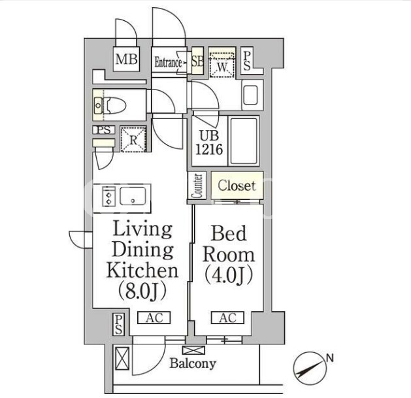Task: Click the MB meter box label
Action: (x=126, y=59)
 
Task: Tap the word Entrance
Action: (x=168, y=62)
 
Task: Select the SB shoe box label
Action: (x=197, y=61)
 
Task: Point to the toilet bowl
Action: (x=114, y=105)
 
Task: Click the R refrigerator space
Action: (x=133, y=139)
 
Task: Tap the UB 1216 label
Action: (x=209, y=143)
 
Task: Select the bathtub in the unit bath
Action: (x=244, y=141)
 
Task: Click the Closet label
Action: (x=237, y=186)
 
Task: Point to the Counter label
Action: (x=197, y=186)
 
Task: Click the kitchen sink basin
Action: (x=133, y=196)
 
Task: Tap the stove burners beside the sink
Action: (x=108, y=196)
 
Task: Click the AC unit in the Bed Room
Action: (x=227, y=318)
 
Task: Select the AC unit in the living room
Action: (x=154, y=318)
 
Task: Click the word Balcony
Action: (x=193, y=363)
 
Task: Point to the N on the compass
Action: (x=330, y=358)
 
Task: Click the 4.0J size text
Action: (x=228, y=276)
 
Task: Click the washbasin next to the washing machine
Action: (x=251, y=95)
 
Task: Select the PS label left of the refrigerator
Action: (x=104, y=130)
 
